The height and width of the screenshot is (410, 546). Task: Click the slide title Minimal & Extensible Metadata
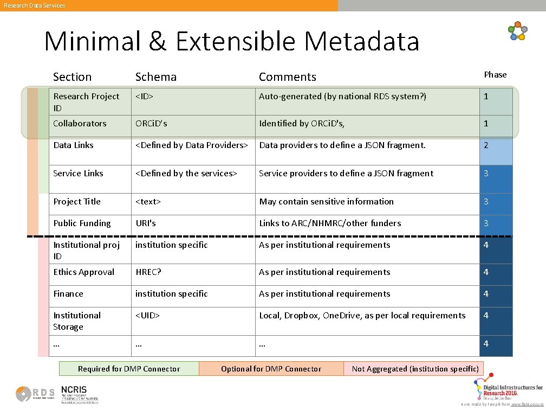pos(232,41)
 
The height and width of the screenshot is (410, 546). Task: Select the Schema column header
pos(155,77)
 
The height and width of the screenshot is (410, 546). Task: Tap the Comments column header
pos(287,77)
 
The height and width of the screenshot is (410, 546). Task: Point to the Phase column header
pos(495,75)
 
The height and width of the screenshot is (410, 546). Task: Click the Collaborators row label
pos(80,124)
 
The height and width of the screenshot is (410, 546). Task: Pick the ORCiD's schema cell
pos(151,124)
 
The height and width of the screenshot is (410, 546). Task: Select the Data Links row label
pos(73,145)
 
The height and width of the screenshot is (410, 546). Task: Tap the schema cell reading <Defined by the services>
pos(186,174)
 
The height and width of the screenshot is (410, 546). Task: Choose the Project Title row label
pos(77,202)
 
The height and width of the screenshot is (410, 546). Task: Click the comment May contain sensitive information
pos(326,202)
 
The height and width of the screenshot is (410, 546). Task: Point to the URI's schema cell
pos(146,223)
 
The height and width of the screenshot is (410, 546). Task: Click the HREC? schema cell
pos(148,272)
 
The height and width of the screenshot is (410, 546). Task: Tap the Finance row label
pos(68,294)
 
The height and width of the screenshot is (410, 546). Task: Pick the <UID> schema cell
pos(147,316)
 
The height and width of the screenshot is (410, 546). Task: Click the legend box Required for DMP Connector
pos(129,369)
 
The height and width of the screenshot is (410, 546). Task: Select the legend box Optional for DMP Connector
pos(271,369)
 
